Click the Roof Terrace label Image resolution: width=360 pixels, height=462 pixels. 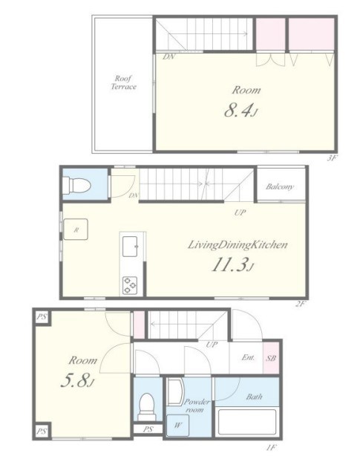(124, 82)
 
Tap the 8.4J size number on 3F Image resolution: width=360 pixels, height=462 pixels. (241, 111)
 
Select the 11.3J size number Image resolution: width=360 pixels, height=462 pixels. (232, 264)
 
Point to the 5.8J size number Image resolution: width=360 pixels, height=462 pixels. (77, 381)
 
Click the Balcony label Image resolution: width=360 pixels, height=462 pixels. (280, 186)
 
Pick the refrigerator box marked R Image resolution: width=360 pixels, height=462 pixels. (76, 230)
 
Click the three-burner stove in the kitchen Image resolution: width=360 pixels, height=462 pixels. (130, 285)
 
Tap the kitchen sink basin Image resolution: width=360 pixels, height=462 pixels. (130, 247)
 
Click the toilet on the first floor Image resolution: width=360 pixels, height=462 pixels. (147, 407)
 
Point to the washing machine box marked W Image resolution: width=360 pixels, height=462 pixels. (177, 425)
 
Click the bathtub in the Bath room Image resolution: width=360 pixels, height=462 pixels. (246, 422)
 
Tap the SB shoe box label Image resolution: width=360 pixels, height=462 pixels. (271, 358)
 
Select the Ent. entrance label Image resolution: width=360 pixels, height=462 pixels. (248, 357)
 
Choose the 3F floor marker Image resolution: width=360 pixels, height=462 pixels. (332, 158)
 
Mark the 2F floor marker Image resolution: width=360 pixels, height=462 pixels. (300, 304)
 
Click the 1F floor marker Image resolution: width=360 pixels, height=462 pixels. (271, 448)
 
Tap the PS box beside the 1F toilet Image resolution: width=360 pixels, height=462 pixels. (148, 429)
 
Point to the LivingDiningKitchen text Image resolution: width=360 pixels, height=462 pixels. (238, 245)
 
